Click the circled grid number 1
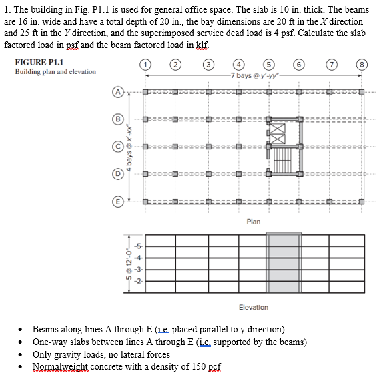tap(144, 65)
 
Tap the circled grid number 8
tap(362, 65)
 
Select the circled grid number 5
tap(269, 65)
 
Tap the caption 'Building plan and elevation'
tap(55, 72)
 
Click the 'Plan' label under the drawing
tap(253, 221)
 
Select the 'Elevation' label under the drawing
tap(253, 307)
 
